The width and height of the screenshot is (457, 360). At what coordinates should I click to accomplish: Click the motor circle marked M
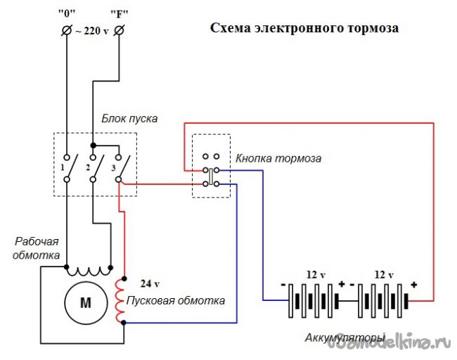click(86, 302)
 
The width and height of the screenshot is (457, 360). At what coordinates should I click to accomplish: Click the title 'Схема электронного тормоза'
click(304, 30)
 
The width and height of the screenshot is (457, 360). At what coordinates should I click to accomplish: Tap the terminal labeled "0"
click(66, 31)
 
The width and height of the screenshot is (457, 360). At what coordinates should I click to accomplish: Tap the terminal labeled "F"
click(118, 31)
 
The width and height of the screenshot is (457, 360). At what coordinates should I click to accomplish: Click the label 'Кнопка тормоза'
click(279, 158)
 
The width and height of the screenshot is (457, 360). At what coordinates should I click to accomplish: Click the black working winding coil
click(89, 269)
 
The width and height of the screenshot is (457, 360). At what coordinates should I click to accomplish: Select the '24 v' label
click(150, 285)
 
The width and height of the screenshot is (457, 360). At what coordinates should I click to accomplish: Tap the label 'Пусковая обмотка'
click(176, 301)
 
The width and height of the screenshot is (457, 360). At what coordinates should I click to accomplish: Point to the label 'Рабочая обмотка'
click(36, 247)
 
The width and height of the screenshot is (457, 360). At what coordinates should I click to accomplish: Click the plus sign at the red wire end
click(413, 285)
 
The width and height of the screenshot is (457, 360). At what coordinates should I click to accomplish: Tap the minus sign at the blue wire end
click(283, 285)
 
